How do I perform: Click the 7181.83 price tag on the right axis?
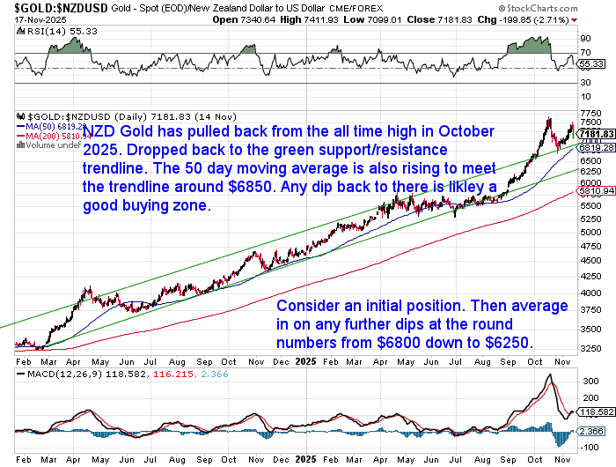596,133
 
